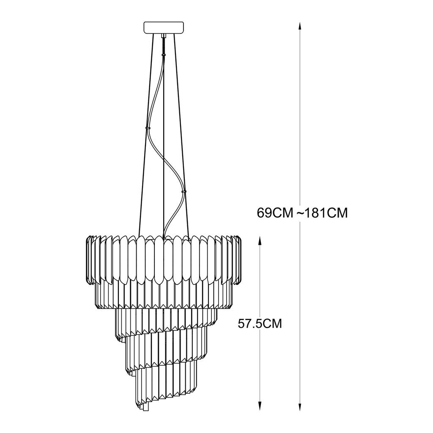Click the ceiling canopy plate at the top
tap(164, 27)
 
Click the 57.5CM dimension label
tap(260, 323)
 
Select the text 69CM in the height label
tap(275, 213)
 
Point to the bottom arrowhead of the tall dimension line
tap(300, 406)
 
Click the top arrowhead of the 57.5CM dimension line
tap(260, 241)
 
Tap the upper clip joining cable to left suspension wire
tap(148, 128)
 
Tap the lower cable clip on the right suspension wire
tap(184, 191)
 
